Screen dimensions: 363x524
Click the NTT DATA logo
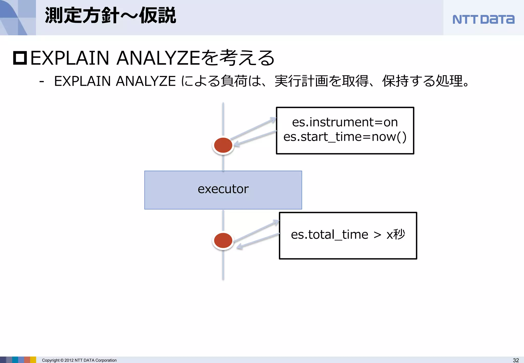point(483,19)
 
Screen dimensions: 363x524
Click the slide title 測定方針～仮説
point(110,16)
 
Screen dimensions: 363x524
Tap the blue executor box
point(223,190)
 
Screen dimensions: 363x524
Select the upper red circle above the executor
point(223,145)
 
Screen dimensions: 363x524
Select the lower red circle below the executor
point(223,240)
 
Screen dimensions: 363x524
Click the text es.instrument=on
point(345,122)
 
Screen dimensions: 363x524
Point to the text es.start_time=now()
point(345,137)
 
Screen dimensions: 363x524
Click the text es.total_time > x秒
point(348,234)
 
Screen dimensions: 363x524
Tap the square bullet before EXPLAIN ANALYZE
point(20,58)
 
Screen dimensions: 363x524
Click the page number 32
point(516,360)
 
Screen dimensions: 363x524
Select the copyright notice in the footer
point(79,360)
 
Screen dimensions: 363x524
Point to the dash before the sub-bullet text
point(42,82)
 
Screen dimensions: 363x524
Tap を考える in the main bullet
point(238,58)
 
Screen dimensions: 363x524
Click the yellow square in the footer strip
point(33,360)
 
